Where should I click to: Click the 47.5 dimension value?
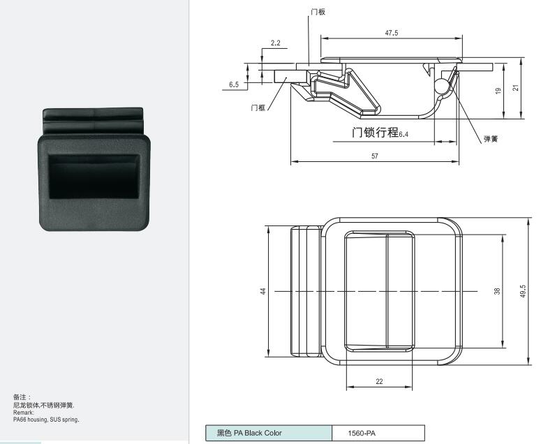tap(392, 33)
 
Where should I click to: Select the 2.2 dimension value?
tap(275, 43)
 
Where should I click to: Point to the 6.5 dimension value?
tap(234, 84)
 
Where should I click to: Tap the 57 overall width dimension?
tap(375, 156)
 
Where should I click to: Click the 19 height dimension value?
tap(498, 91)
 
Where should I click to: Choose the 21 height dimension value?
tap(516, 87)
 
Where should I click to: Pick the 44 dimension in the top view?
tap(262, 291)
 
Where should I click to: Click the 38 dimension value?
tap(497, 291)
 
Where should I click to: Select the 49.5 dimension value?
tap(524, 291)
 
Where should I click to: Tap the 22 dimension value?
tap(379, 381)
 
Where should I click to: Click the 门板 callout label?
tap(318, 12)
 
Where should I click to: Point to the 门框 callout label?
tap(258, 108)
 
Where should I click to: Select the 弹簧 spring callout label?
tap(491, 139)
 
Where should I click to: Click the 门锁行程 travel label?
tap(375, 132)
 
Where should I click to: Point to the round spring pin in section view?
tap(441, 86)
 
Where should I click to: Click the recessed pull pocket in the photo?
tap(94, 177)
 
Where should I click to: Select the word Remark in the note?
tap(23, 413)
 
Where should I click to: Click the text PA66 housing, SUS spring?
tap(46, 420)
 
